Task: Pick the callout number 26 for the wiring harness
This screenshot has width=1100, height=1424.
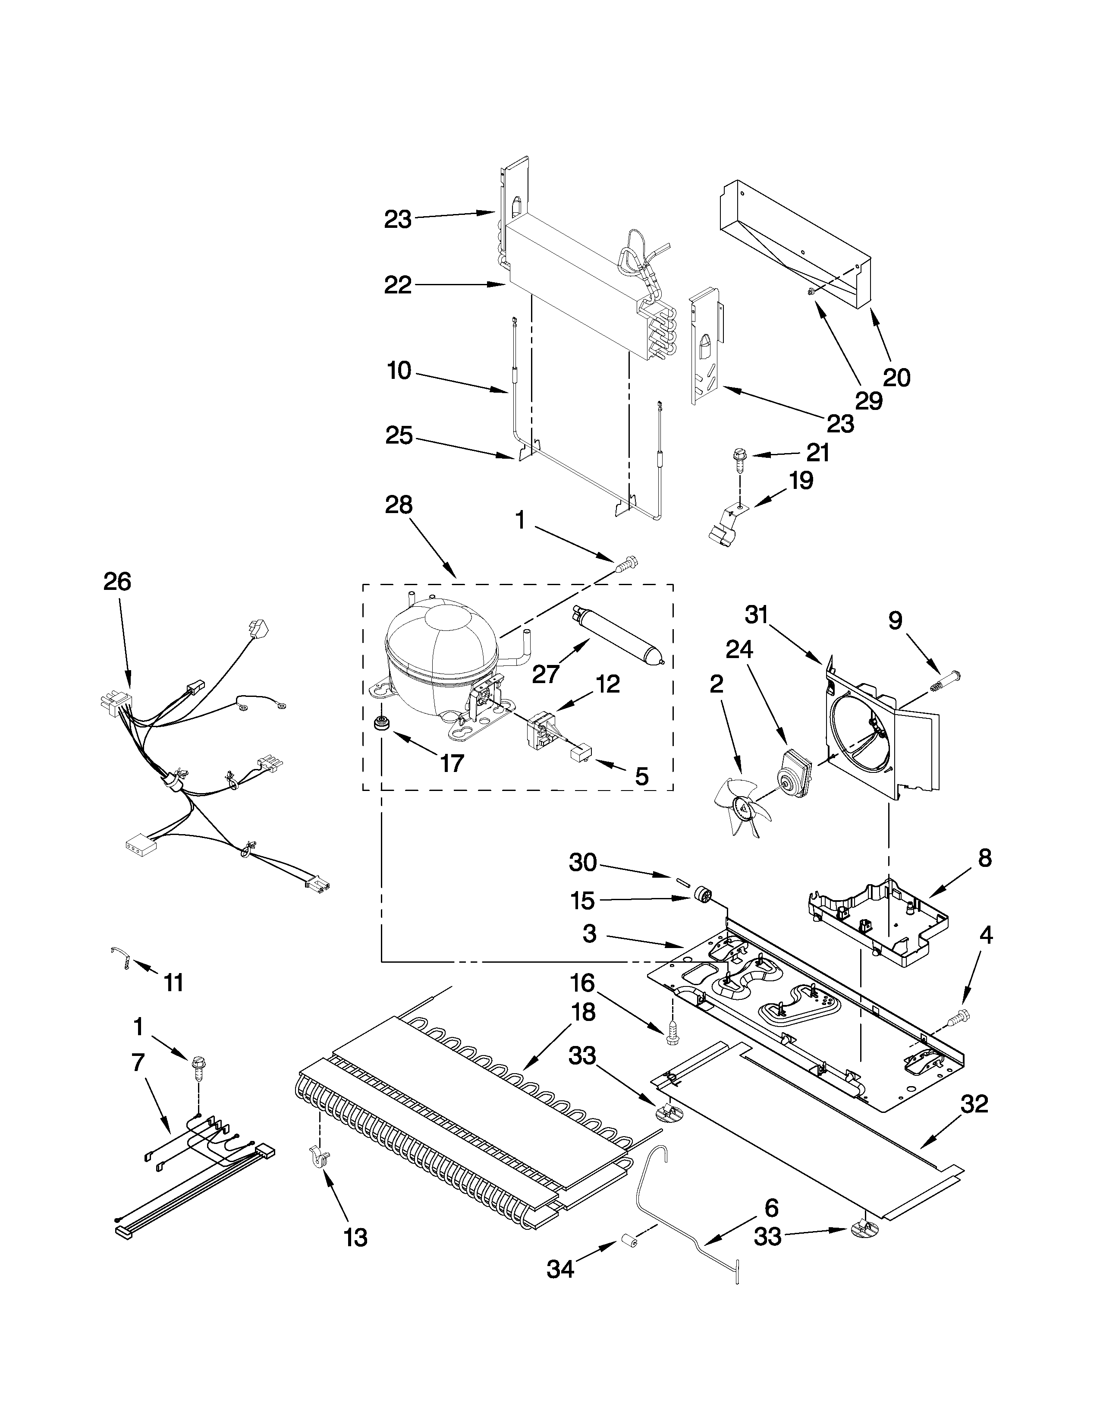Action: [x=117, y=582]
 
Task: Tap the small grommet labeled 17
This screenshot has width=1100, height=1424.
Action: [x=377, y=724]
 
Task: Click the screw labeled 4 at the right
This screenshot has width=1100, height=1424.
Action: [x=960, y=1015]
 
